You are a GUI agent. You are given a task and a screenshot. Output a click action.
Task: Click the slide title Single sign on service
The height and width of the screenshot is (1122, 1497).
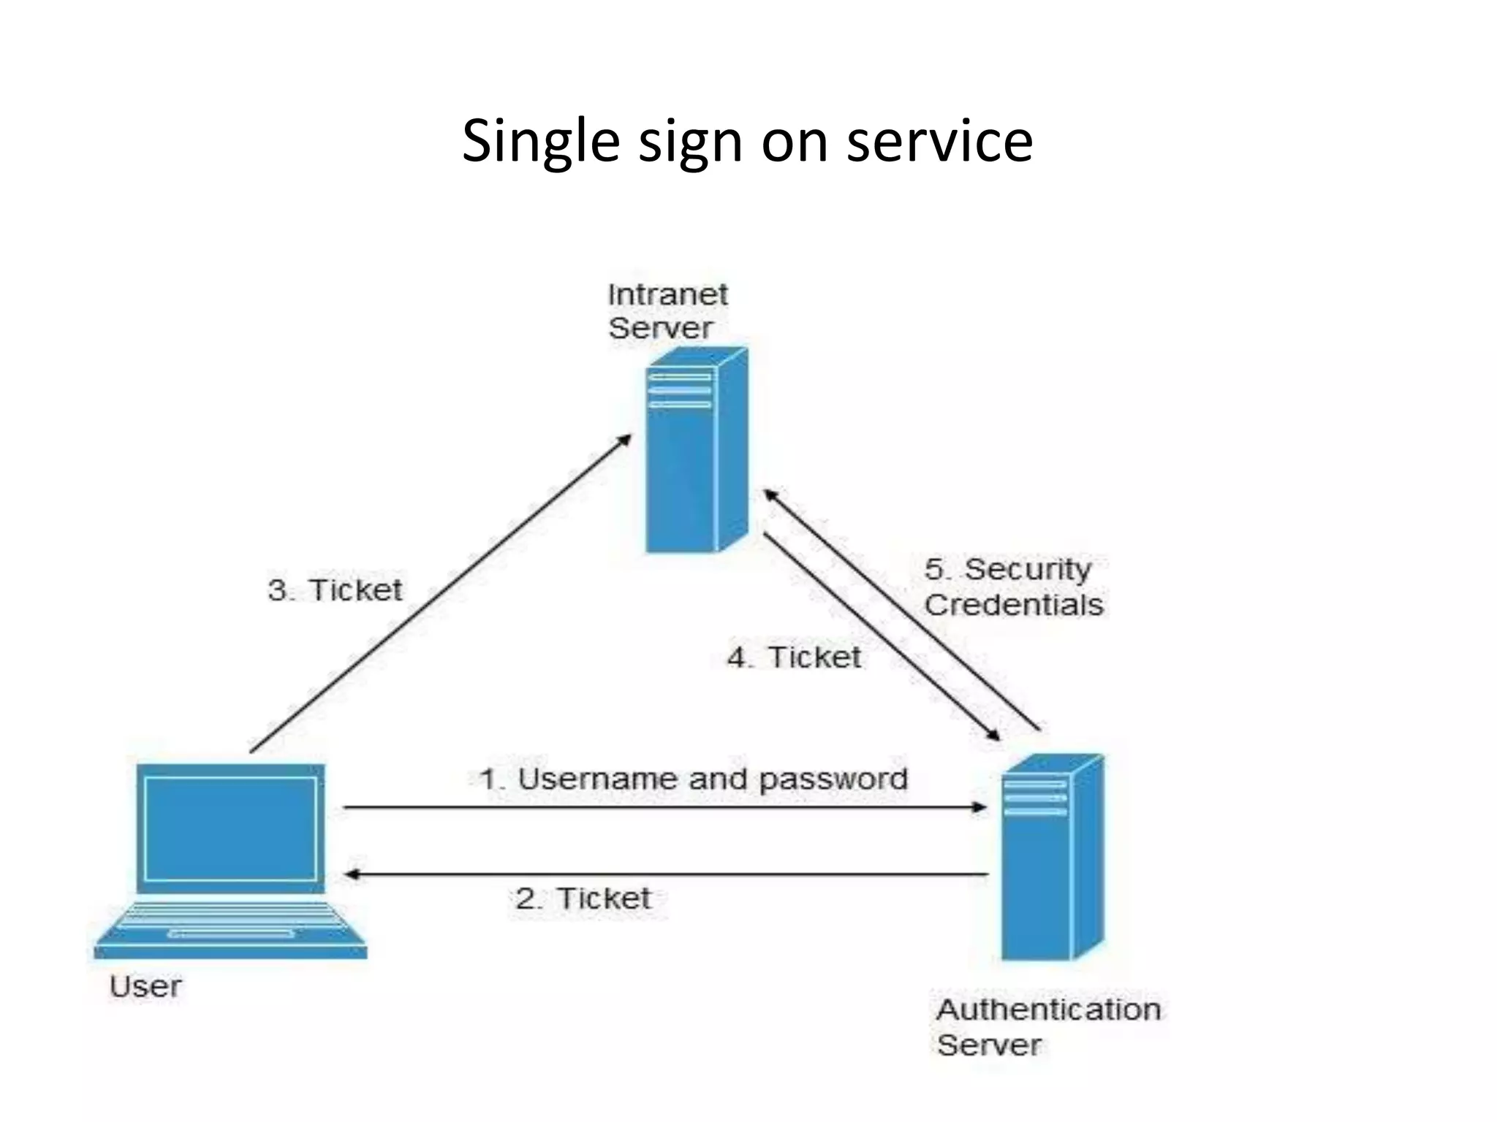pos(747,140)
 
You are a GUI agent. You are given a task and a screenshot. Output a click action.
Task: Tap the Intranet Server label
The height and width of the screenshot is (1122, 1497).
pos(667,311)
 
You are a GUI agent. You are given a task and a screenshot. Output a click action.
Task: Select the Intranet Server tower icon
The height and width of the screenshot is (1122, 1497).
pos(696,450)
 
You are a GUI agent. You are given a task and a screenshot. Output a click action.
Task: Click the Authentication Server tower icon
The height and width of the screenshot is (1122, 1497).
pos(1051,858)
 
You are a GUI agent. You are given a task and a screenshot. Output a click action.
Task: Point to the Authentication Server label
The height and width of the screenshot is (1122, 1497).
pos(1047,1027)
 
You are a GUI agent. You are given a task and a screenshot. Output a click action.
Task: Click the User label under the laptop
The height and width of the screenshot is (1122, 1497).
pos(145,987)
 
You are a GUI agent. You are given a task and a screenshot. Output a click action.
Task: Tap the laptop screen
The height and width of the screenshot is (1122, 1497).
pos(230,828)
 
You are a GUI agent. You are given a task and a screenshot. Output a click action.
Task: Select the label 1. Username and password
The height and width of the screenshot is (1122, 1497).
pos(693,779)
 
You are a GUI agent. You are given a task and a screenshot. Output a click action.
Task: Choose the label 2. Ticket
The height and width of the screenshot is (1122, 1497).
pos(583,898)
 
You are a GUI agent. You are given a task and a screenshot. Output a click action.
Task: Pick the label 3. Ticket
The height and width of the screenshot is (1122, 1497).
pos(335,589)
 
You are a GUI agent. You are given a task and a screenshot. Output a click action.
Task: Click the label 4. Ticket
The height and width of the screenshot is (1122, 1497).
pos(794,657)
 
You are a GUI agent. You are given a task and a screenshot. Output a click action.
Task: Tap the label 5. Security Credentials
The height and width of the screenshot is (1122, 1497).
pos(1013,587)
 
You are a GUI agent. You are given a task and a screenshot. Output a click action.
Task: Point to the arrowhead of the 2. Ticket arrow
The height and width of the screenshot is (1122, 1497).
pos(352,874)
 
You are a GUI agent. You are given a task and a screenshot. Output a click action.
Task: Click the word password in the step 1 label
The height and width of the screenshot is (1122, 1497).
pos(833,779)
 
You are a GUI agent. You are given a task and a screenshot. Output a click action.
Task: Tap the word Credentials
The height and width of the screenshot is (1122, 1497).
pos(1013,605)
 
